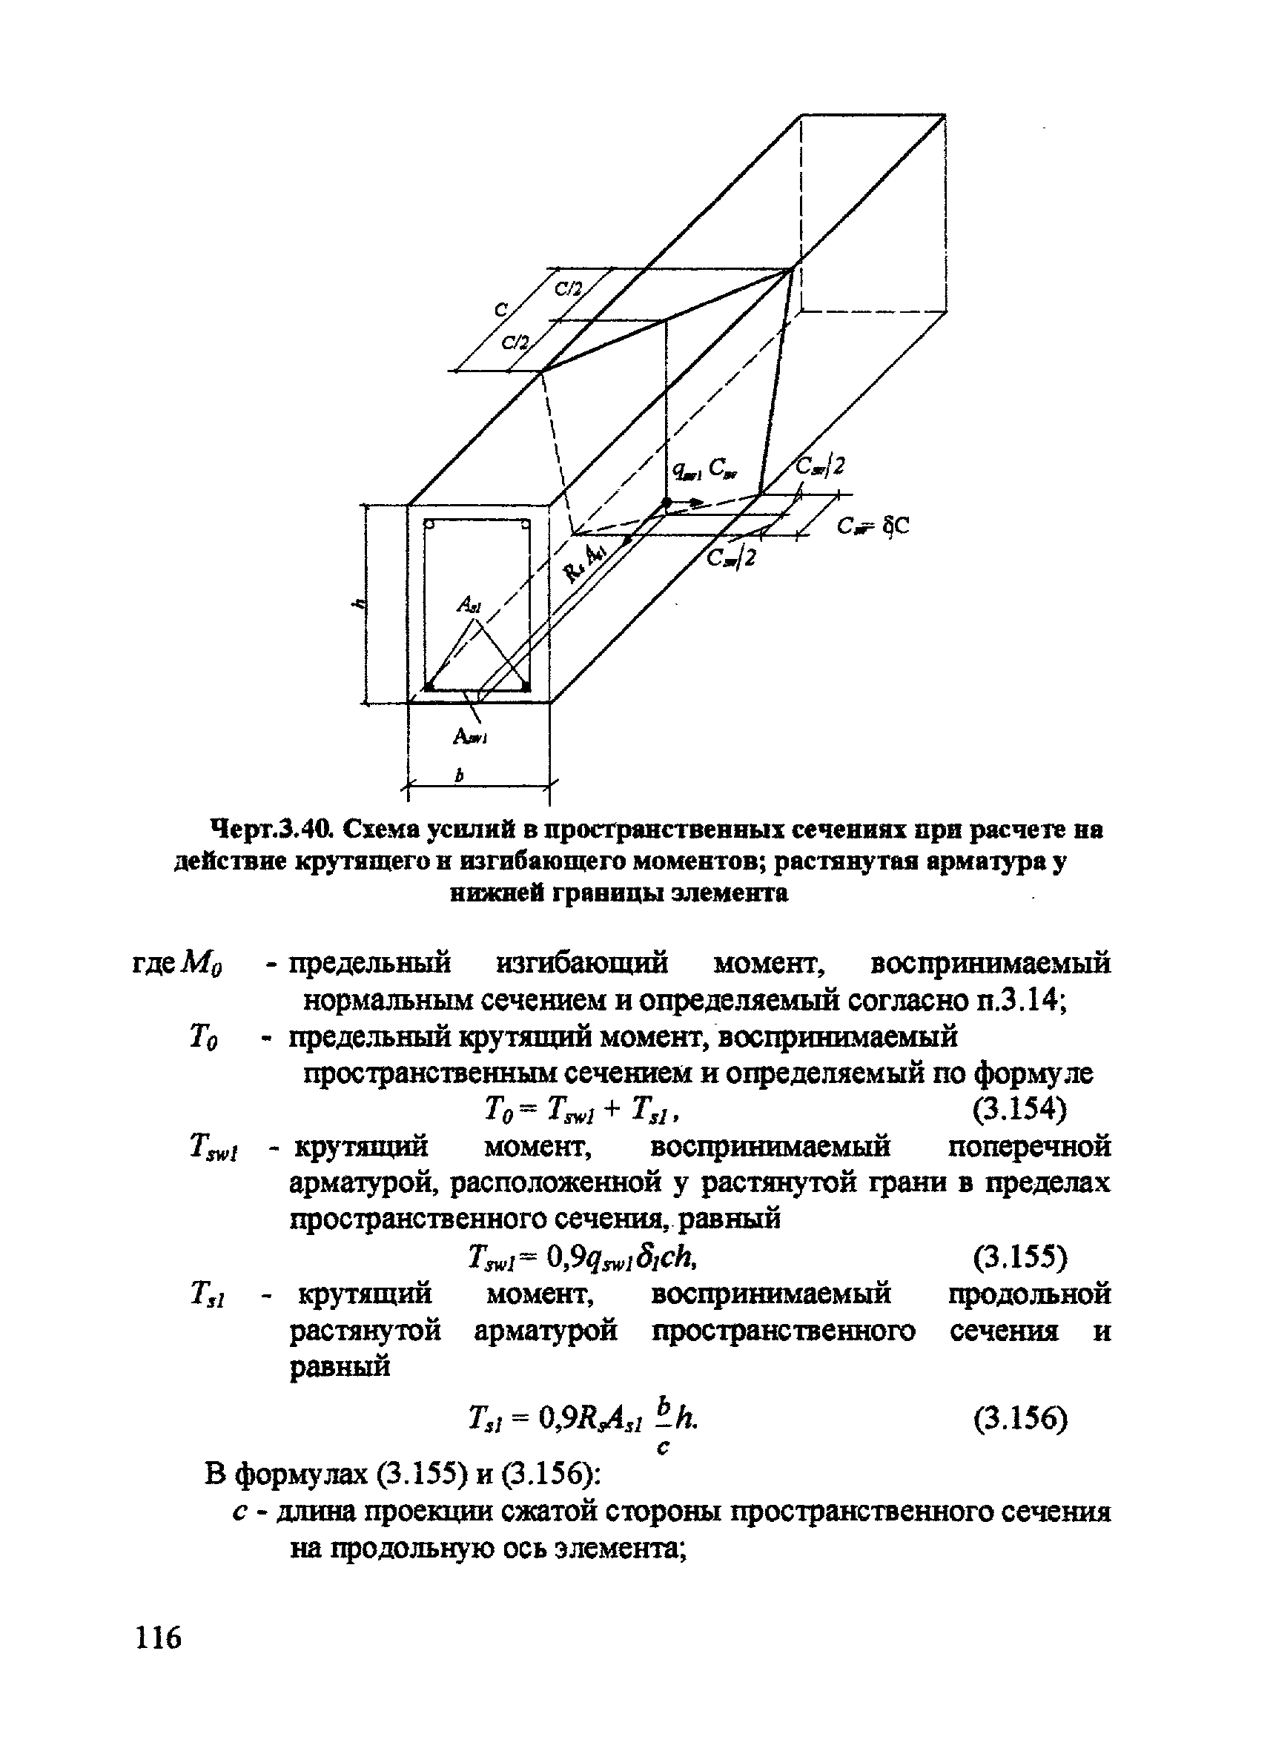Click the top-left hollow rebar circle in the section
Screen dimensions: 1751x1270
pyautogui.click(x=431, y=526)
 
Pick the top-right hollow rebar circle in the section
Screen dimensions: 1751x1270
pyautogui.click(x=524, y=526)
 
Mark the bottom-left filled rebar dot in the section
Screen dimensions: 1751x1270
pyautogui.click(x=430, y=686)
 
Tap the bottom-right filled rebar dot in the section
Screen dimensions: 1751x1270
pyautogui.click(x=525, y=686)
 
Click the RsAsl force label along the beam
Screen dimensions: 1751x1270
pyautogui.click(x=585, y=561)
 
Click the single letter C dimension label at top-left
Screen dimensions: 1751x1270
pyautogui.click(x=501, y=311)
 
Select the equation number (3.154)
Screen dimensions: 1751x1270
pyautogui.click(x=1019, y=1110)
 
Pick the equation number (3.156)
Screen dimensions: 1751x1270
pyautogui.click(x=1019, y=1417)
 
